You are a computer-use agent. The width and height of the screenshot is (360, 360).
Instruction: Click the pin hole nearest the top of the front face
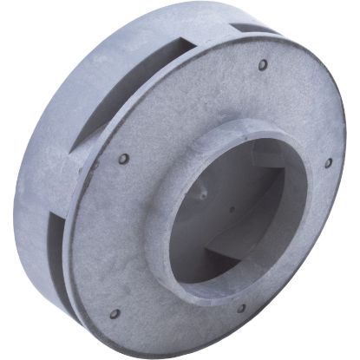coord(262,64)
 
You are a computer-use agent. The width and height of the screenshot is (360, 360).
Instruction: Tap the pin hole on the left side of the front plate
coord(124,159)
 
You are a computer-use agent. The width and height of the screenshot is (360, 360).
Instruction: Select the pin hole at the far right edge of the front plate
coord(328,162)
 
